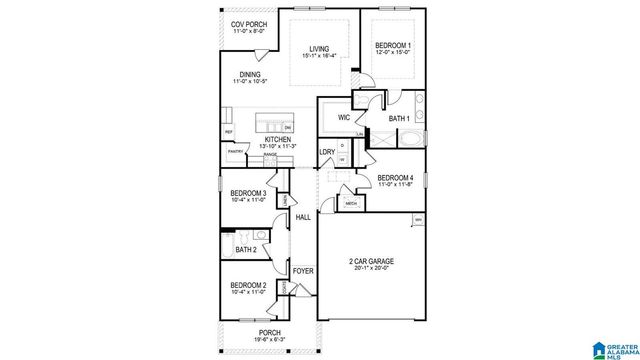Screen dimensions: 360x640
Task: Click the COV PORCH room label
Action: tap(248, 24)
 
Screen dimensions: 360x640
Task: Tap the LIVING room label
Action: tap(318, 48)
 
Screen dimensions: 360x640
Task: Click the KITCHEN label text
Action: tap(277, 139)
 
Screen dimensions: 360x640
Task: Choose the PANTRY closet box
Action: tap(236, 152)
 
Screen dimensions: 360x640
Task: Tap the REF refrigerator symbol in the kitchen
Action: tap(229, 132)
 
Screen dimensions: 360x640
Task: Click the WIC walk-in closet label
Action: tap(343, 118)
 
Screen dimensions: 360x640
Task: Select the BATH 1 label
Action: tap(399, 119)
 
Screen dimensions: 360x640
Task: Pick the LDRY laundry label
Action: tap(326, 152)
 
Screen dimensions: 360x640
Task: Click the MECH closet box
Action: tap(351, 204)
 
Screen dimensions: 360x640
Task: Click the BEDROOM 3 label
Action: tap(247, 192)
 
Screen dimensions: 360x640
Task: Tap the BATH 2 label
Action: tap(246, 250)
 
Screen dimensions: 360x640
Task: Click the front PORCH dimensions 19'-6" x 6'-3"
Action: tap(268, 339)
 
